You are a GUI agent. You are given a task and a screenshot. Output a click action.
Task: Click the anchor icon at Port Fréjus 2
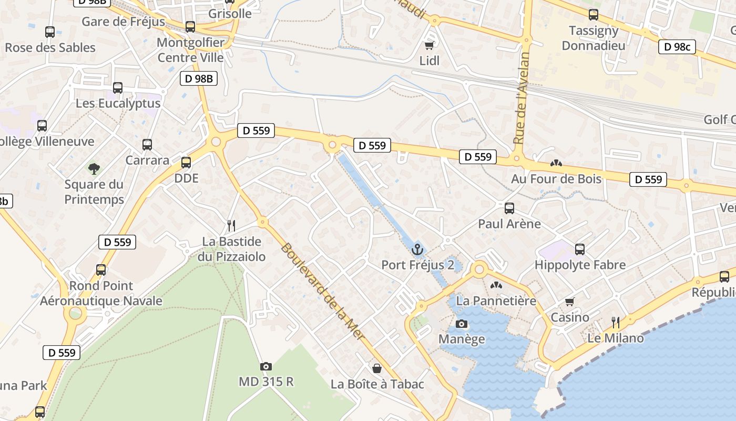[417, 249]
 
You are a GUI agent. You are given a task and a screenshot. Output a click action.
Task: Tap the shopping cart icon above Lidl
[430, 45]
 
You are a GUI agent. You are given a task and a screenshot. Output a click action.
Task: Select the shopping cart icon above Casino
[570, 302]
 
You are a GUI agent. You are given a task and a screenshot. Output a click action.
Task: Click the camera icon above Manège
[461, 324]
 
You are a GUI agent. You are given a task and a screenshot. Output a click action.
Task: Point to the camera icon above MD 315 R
[266, 366]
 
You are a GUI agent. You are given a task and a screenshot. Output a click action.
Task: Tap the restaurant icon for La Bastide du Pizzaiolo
[231, 226]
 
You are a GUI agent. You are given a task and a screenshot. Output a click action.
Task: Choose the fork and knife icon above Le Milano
[615, 322]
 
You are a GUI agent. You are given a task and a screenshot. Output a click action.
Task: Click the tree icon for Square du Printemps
[94, 169]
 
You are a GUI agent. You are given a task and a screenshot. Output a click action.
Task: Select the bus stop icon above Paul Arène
[509, 208]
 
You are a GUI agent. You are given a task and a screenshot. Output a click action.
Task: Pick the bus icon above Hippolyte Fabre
[580, 249]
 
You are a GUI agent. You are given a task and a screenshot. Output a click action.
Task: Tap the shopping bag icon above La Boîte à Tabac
[377, 368]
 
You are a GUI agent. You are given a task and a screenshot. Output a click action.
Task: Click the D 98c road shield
[677, 47]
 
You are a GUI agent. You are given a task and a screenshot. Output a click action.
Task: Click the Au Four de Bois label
[556, 179]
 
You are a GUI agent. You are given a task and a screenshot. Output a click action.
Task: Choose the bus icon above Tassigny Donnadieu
[594, 15]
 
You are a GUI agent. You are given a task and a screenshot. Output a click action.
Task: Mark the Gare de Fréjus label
[123, 22]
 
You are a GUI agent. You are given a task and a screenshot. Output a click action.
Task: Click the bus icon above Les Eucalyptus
[118, 88]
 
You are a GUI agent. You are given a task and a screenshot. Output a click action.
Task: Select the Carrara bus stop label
[147, 160]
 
